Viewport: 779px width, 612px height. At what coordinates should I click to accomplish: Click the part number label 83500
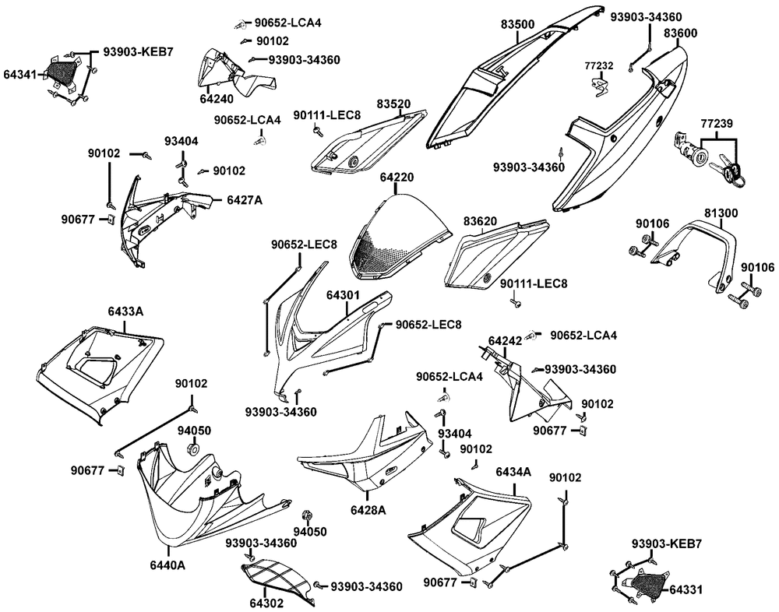click(517, 25)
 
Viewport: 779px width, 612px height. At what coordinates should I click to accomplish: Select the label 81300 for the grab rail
click(721, 213)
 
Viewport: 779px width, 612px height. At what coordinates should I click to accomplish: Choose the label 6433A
click(125, 311)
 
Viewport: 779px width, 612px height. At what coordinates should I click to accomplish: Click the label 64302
click(266, 603)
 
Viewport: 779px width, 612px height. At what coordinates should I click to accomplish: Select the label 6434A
click(513, 472)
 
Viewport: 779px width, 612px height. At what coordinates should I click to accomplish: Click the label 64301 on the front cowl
click(343, 296)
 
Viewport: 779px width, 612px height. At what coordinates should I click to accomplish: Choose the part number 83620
click(480, 221)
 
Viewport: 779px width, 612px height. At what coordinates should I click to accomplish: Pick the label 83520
click(393, 104)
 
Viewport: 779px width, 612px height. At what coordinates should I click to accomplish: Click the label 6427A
click(245, 200)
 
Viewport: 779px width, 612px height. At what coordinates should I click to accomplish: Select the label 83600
click(680, 33)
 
